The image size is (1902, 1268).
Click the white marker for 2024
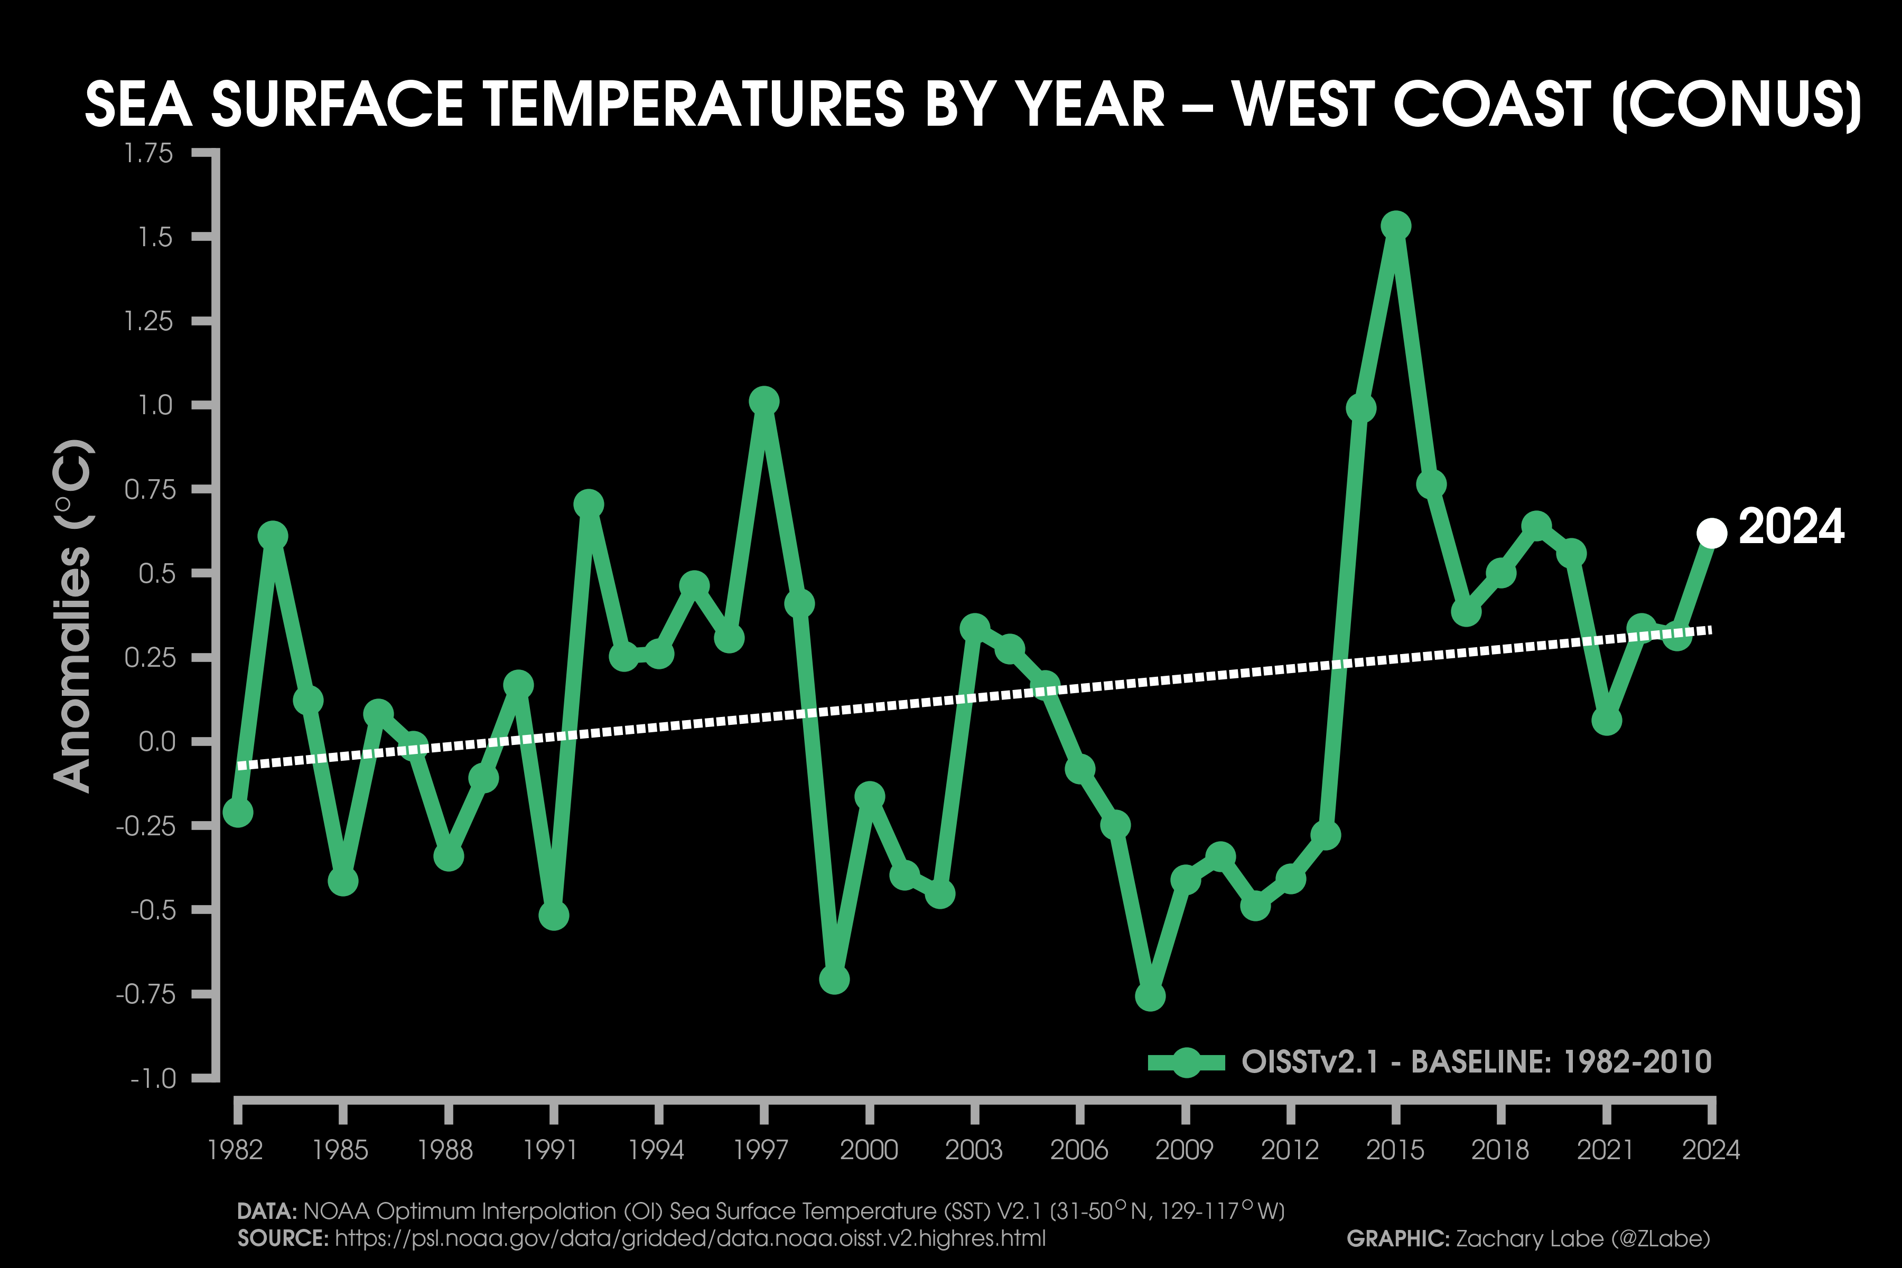(1711, 533)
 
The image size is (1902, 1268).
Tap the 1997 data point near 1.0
(763, 401)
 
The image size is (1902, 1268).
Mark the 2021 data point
(1606, 720)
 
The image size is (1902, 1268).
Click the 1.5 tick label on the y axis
(155, 237)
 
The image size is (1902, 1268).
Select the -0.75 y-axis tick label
(146, 994)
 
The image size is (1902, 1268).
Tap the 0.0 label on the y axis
(157, 742)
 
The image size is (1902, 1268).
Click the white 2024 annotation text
(1791, 527)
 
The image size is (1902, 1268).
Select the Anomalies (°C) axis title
(73, 616)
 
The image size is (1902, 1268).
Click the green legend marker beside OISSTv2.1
(1186, 1062)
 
